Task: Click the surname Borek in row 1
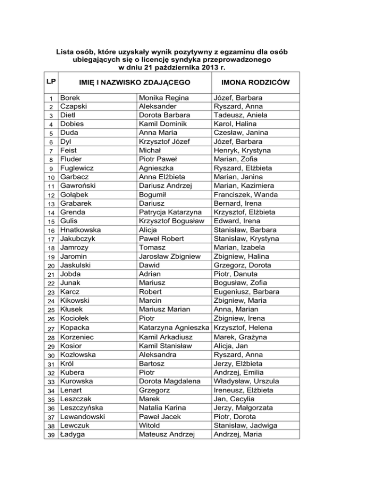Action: [70, 98]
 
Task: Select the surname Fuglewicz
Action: [77, 168]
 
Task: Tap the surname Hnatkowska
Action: [80, 230]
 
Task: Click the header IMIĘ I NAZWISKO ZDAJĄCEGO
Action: [130, 83]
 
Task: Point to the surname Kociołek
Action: [74, 319]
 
